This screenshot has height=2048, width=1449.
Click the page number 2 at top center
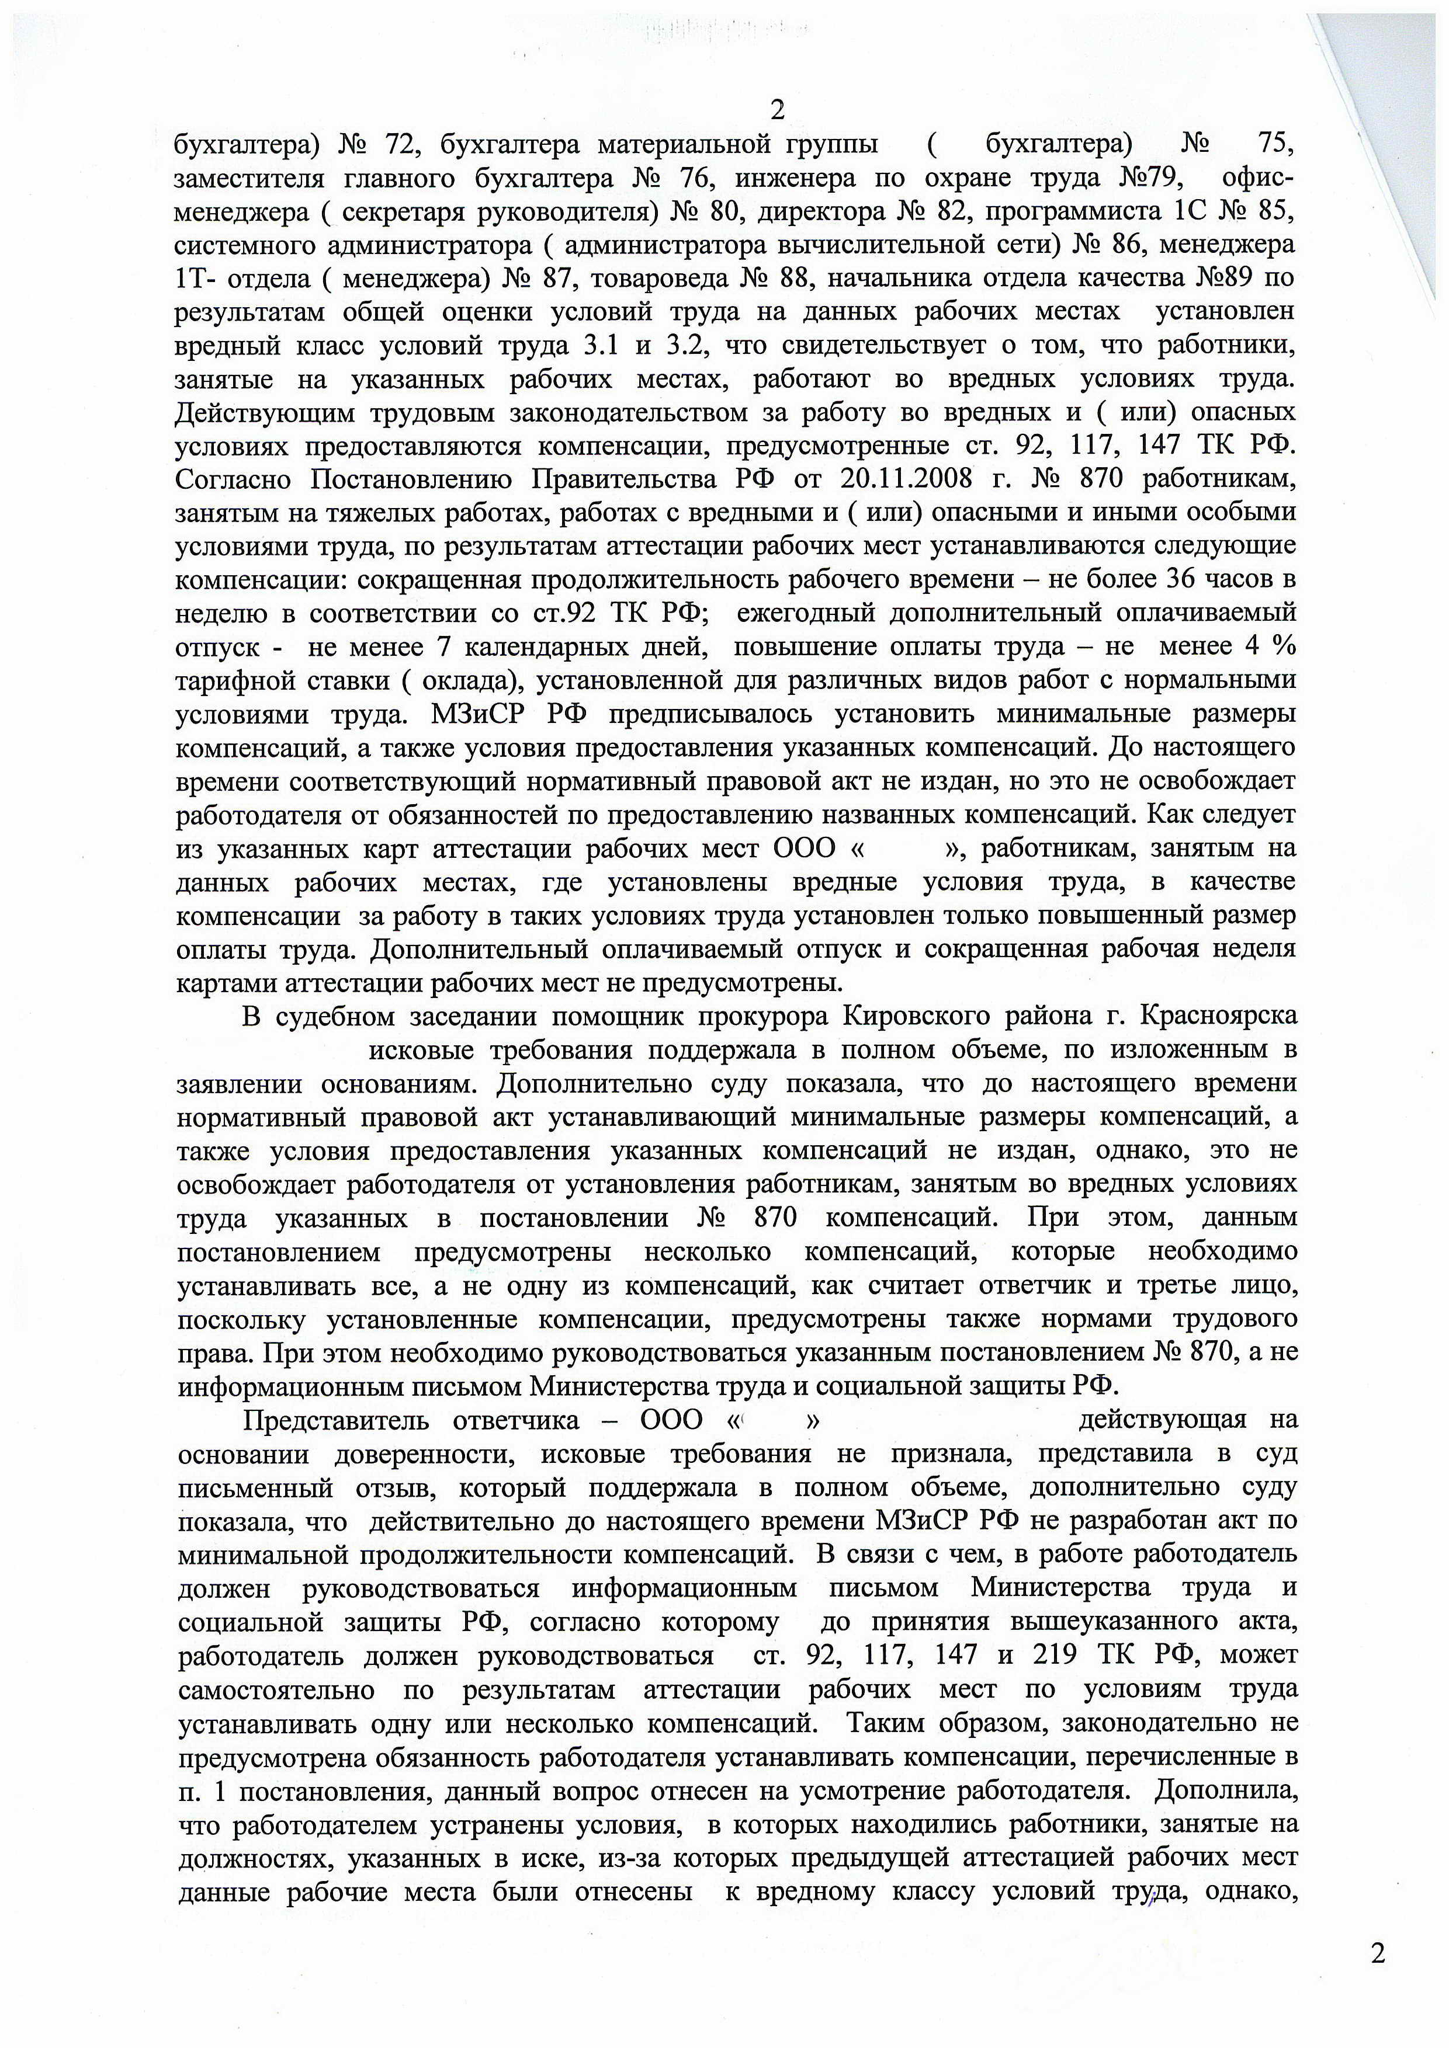(x=777, y=110)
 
